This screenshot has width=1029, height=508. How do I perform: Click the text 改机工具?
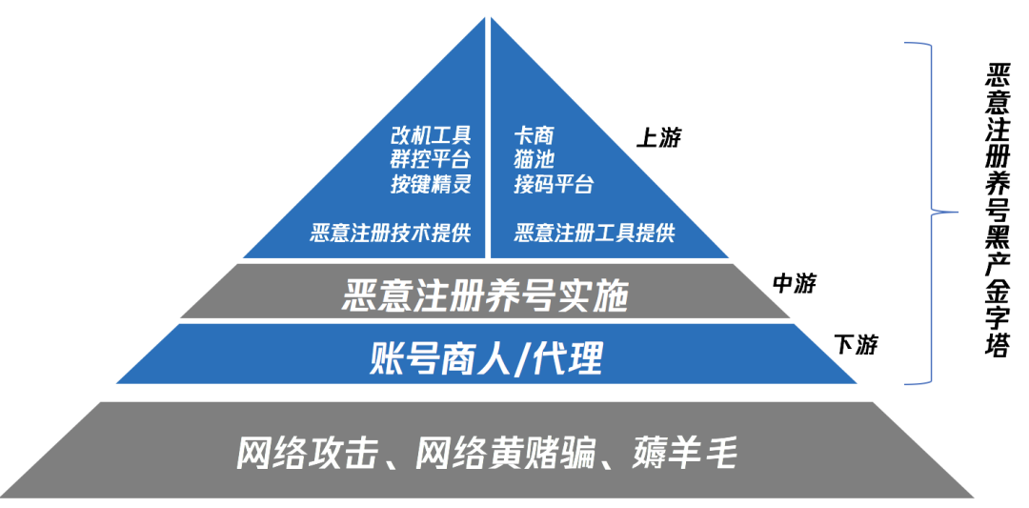tap(431, 135)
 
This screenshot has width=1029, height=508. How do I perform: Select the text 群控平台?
tap(431, 159)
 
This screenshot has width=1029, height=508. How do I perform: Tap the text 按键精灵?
tap(431, 183)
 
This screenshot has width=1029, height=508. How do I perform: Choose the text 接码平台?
tap(554, 183)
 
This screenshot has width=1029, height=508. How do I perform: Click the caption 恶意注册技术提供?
tap(390, 233)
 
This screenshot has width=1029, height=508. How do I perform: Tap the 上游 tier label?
tap(658, 138)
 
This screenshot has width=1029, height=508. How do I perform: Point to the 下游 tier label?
tap(855, 345)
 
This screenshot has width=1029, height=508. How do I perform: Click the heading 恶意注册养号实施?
tap(486, 296)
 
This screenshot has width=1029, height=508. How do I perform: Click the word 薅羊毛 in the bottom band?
tap(684, 453)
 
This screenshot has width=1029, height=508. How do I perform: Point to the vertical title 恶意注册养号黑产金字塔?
tap(997, 212)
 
